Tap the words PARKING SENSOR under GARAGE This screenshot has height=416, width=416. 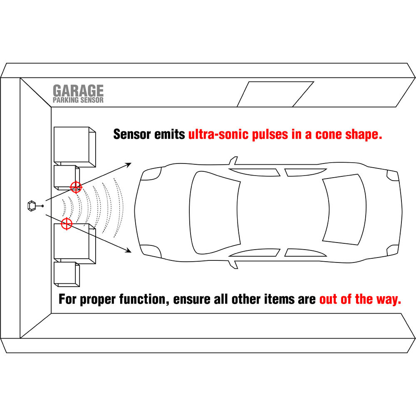[x=78, y=100]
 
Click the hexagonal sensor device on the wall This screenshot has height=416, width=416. [x=32, y=205]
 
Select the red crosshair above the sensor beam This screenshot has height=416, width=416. [x=76, y=187]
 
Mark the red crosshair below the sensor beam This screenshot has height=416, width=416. [x=66, y=223]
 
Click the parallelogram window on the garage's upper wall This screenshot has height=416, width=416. [x=275, y=94]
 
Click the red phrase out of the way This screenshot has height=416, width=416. [x=360, y=299]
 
